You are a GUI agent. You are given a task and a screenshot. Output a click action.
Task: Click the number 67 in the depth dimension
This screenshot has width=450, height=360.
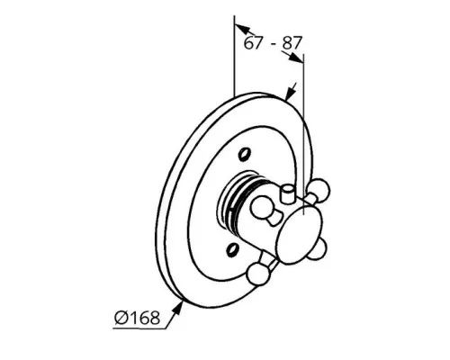(253, 43)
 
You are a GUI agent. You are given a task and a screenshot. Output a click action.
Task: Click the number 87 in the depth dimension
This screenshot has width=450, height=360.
(291, 43)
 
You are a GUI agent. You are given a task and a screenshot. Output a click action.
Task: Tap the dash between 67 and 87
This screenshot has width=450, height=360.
(274, 44)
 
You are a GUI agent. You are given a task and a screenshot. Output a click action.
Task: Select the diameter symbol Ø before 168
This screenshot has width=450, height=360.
(121, 318)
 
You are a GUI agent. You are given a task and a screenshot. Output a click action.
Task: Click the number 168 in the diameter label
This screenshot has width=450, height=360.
(144, 318)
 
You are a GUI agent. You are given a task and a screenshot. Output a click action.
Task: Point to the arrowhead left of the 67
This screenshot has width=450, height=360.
(242, 29)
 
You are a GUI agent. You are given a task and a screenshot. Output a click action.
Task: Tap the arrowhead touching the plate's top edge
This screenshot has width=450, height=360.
(290, 93)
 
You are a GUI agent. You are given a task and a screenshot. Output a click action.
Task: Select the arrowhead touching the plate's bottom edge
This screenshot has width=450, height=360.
(178, 308)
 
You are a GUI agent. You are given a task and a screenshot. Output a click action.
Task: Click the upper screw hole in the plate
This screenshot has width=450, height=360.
(244, 154)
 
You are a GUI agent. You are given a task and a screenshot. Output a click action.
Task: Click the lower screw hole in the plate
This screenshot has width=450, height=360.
(233, 249)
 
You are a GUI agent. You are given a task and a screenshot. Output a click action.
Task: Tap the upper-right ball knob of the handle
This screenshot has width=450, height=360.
(319, 189)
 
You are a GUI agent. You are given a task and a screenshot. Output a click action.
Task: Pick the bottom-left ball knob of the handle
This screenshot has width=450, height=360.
(257, 274)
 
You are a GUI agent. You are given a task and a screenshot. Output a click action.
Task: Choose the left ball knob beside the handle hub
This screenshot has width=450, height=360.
(262, 207)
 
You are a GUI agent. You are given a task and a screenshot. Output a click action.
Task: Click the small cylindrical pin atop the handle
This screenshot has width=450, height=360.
(287, 195)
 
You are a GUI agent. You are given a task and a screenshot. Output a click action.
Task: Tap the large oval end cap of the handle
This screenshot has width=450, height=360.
(300, 236)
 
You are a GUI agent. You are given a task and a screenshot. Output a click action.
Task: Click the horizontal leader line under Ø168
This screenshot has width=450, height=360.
(139, 328)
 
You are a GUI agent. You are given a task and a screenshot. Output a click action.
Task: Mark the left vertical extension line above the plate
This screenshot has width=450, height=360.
(234, 56)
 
